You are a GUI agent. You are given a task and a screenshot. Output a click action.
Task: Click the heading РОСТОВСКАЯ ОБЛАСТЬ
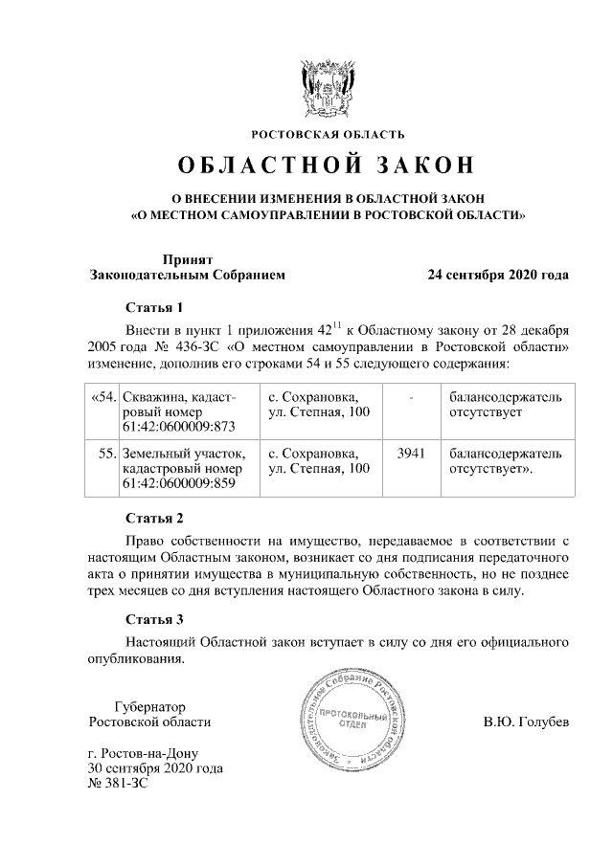tap(328, 133)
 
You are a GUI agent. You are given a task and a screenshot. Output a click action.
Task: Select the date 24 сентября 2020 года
tap(498, 276)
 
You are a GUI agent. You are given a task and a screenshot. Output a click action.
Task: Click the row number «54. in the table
tap(102, 396)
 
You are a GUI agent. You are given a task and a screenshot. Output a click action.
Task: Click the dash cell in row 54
tap(411, 396)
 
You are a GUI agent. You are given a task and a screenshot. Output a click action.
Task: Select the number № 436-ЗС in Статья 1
tap(180, 345)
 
